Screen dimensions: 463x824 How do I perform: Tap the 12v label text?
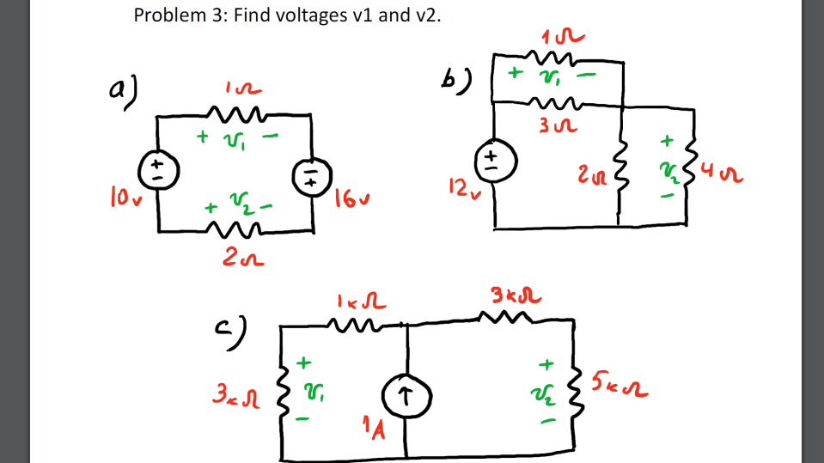(461, 187)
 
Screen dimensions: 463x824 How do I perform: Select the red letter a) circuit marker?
(122, 88)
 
